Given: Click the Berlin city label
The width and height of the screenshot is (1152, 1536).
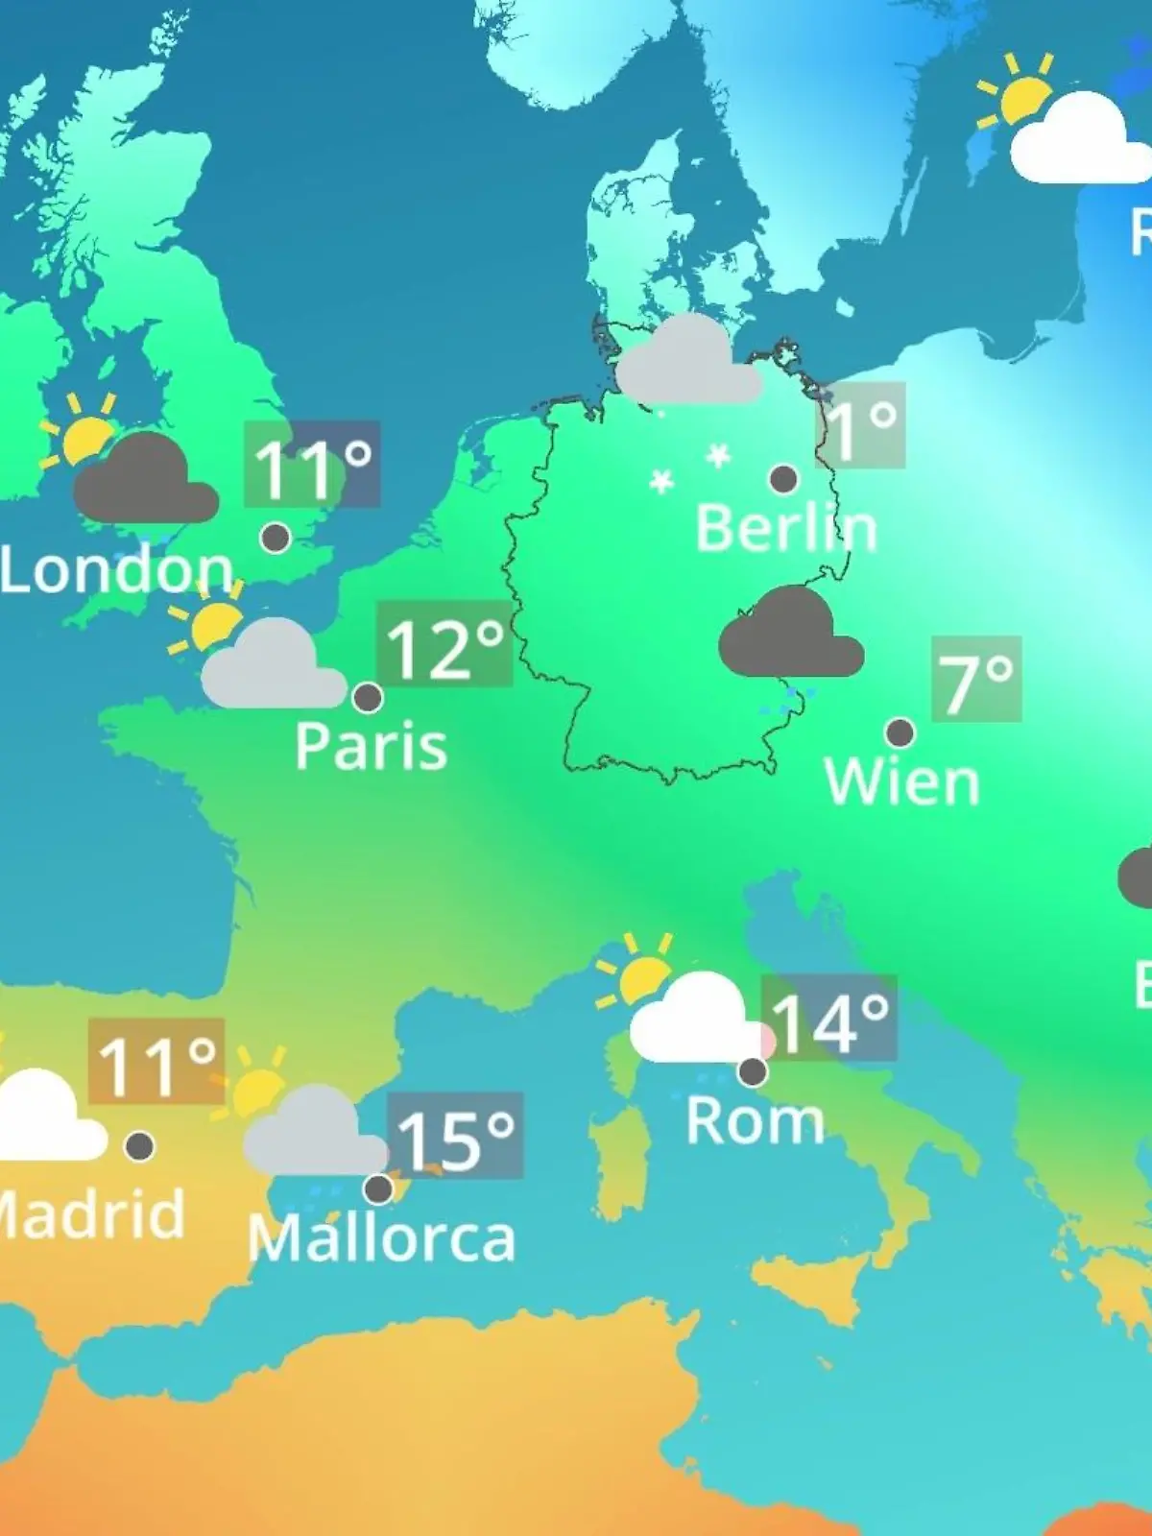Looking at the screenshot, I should (785, 528).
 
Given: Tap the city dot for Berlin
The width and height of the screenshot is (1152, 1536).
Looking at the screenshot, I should (783, 478).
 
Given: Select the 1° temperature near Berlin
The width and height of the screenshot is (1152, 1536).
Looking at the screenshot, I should (861, 425).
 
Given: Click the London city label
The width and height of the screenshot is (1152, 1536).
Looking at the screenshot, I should (117, 570).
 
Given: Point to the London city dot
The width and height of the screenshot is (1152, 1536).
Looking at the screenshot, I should (276, 538).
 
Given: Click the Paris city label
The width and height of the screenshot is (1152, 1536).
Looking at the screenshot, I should (371, 746).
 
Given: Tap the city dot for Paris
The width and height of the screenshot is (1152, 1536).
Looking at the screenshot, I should (368, 697).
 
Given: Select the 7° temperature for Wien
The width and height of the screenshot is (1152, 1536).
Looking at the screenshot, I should (975, 680).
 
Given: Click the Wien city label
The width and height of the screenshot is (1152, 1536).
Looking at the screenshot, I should (901, 782).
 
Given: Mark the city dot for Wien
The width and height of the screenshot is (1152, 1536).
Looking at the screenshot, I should (900, 732).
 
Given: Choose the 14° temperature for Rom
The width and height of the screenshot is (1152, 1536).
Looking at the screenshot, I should (829, 1020).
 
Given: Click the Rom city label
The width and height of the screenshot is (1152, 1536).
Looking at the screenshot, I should (755, 1120).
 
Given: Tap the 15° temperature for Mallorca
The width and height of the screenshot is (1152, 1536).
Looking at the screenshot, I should (455, 1137).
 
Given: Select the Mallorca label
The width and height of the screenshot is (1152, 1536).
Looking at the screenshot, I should (381, 1238).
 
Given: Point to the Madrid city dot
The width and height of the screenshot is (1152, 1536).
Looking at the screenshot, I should (139, 1145).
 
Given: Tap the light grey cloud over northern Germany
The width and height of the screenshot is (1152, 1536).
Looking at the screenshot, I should (685, 363).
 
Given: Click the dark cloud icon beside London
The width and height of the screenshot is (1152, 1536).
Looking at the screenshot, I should (146, 480).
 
